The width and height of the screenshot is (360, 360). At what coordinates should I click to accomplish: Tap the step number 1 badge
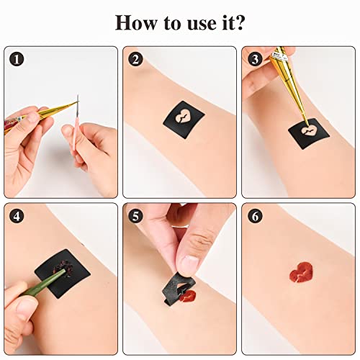17,60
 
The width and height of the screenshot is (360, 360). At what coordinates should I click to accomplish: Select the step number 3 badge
253,60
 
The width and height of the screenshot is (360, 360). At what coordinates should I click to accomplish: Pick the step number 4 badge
17,216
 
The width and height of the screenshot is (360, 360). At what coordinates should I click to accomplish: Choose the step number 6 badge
253,216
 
